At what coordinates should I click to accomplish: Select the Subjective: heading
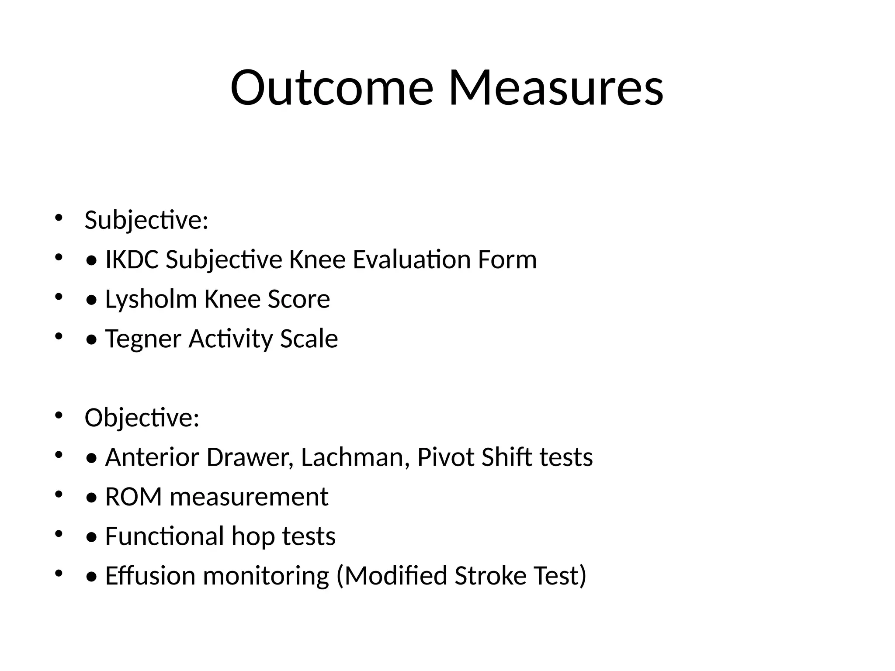146,220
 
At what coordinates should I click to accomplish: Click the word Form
507,259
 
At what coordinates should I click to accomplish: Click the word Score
298,300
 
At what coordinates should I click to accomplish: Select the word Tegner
143,339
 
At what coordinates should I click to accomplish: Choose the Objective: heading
142,418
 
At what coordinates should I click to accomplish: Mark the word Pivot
445,457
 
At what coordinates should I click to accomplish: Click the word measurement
249,497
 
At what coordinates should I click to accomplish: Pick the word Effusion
150,576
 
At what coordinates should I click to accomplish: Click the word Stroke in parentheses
490,576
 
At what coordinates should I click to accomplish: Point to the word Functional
164,536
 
